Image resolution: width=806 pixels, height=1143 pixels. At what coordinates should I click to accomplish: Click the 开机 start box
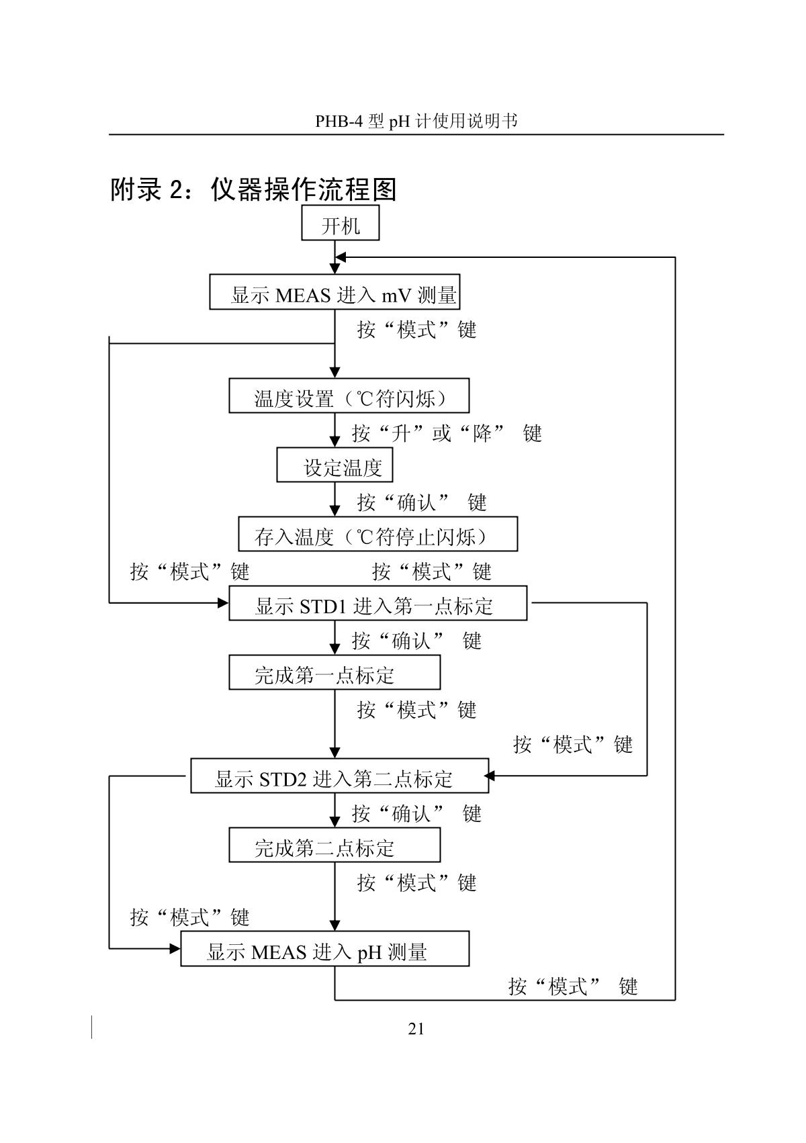click(341, 224)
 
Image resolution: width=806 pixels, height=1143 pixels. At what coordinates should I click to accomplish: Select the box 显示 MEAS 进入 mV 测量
click(334, 292)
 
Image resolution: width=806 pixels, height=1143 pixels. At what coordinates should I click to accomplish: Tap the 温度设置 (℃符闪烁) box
click(349, 396)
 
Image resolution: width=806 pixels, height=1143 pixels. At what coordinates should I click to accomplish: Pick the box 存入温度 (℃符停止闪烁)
click(377, 535)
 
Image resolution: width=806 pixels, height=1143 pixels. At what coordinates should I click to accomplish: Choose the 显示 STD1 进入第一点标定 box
click(377, 604)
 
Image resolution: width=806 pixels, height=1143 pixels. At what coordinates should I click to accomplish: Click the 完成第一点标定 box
click(334, 673)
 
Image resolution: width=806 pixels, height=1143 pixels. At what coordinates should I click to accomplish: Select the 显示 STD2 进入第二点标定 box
click(339, 776)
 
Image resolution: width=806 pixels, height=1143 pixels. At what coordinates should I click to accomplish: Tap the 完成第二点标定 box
click(334, 845)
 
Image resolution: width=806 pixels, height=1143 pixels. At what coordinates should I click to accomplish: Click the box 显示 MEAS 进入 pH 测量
click(324, 949)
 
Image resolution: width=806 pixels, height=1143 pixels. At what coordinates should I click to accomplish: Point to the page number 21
click(416, 1029)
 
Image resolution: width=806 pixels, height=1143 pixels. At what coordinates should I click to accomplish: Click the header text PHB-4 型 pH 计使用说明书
click(416, 121)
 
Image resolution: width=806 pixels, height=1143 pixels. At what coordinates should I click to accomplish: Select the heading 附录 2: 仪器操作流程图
click(253, 190)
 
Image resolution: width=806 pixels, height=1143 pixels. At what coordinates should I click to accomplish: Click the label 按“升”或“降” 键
click(447, 433)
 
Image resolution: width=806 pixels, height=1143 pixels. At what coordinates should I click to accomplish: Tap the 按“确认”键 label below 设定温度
click(422, 502)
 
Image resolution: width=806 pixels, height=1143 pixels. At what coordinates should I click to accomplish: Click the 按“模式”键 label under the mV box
click(416, 330)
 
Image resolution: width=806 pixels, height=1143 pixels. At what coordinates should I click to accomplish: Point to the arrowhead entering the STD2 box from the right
click(490, 776)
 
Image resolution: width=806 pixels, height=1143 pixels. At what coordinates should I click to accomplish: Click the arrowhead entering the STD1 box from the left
click(223, 603)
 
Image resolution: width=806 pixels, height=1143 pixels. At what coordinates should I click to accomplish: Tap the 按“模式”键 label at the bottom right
click(572, 986)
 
